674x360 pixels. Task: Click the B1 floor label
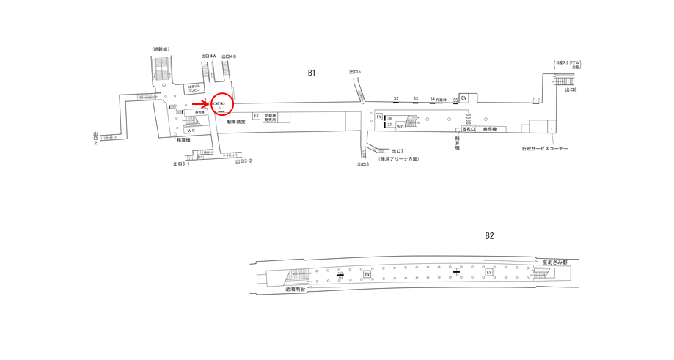312,73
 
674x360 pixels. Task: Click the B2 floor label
489,235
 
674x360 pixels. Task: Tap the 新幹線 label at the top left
161,49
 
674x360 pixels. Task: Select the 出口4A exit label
208,56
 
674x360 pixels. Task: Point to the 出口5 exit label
355,72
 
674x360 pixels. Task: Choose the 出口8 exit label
571,89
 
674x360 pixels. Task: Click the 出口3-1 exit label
181,164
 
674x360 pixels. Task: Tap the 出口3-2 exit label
243,161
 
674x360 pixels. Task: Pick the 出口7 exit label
398,151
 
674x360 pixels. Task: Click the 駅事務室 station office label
236,122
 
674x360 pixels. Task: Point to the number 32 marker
396,99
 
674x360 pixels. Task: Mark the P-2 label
536,100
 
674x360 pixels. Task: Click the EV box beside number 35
464,98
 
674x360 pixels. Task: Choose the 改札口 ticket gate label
468,129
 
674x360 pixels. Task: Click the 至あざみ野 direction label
555,262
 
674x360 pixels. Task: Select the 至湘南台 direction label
299,290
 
